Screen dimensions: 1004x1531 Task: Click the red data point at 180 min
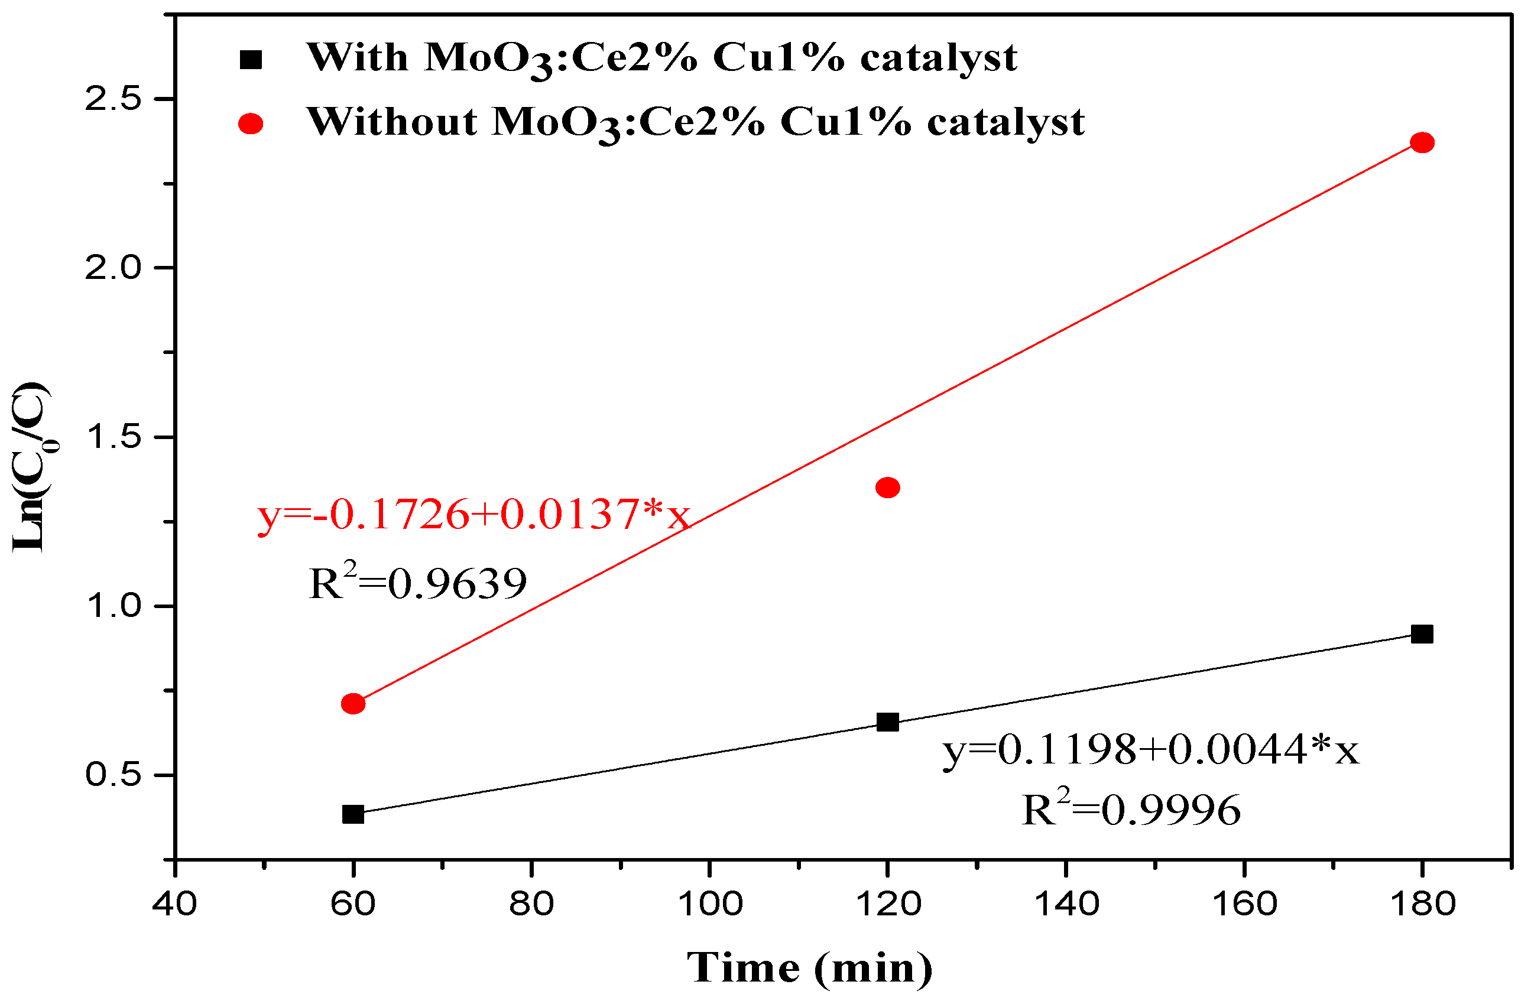(1422, 142)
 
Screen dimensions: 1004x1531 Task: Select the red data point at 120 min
(888, 488)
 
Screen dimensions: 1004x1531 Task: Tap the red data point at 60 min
(353, 704)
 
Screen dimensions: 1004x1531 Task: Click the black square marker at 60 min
(353, 814)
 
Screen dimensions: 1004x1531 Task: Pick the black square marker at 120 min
(888, 722)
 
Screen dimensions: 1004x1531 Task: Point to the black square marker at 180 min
(1422, 634)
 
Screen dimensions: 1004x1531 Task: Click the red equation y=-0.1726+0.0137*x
(473, 515)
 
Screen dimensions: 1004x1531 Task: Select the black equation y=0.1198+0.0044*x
(1151, 750)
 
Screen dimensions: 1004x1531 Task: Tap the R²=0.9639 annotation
(417, 582)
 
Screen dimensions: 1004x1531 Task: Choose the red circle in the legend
(251, 124)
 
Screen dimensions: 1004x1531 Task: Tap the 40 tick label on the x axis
(174, 904)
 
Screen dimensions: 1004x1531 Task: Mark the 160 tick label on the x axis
(1244, 904)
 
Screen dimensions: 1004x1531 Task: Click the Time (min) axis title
(810, 968)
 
